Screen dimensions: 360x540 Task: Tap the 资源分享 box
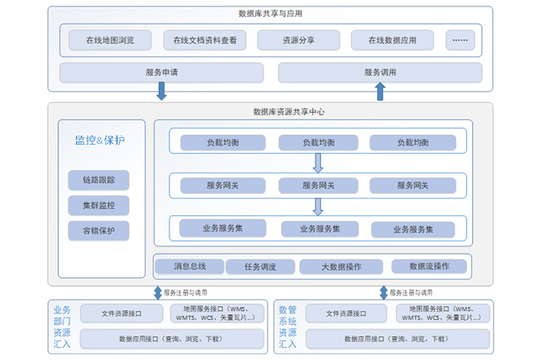(x=298, y=40)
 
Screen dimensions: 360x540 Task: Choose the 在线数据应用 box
(x=392, y=40)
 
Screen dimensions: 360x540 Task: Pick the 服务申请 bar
(x=161, y=72)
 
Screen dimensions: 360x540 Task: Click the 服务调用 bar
(x=380, y=72)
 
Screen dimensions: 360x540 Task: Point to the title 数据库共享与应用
(x=270, y=14)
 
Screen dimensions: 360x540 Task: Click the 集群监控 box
(x=99, y=205)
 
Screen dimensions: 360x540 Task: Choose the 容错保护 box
(x=99, y=231)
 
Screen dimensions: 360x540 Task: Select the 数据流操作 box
(x=428, y=266)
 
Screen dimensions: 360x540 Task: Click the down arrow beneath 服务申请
(x=161, y=91)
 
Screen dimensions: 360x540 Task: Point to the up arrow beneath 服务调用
(x=380, y=91)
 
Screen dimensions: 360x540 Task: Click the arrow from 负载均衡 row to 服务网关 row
(x=318, y=163)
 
